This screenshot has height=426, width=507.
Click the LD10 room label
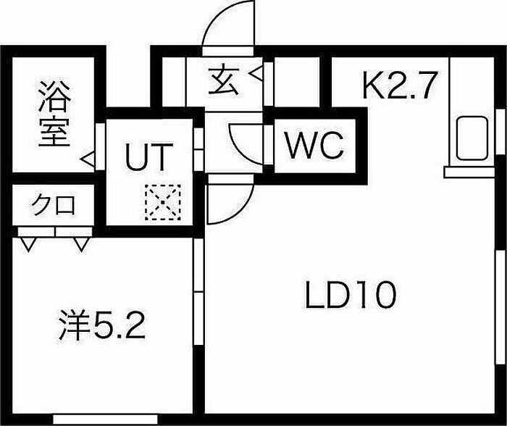tap(351, 295)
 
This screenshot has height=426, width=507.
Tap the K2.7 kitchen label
tap(400, 85)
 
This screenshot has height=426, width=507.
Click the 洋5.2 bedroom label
tap(102, 325)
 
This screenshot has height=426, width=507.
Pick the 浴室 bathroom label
tap(54, 114)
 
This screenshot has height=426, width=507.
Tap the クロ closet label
tap(54, 204)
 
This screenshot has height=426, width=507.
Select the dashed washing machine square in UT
tap(163, 202)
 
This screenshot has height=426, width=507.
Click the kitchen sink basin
tap(472, 139)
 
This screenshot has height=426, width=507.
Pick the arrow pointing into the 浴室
tap(88, 159)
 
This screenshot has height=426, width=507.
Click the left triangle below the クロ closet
tap(28, 244)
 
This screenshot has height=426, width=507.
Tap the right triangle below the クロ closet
tap(81, 244)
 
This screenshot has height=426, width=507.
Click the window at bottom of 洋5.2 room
tap(105, 419)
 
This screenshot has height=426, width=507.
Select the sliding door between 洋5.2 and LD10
tap(198, 292)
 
